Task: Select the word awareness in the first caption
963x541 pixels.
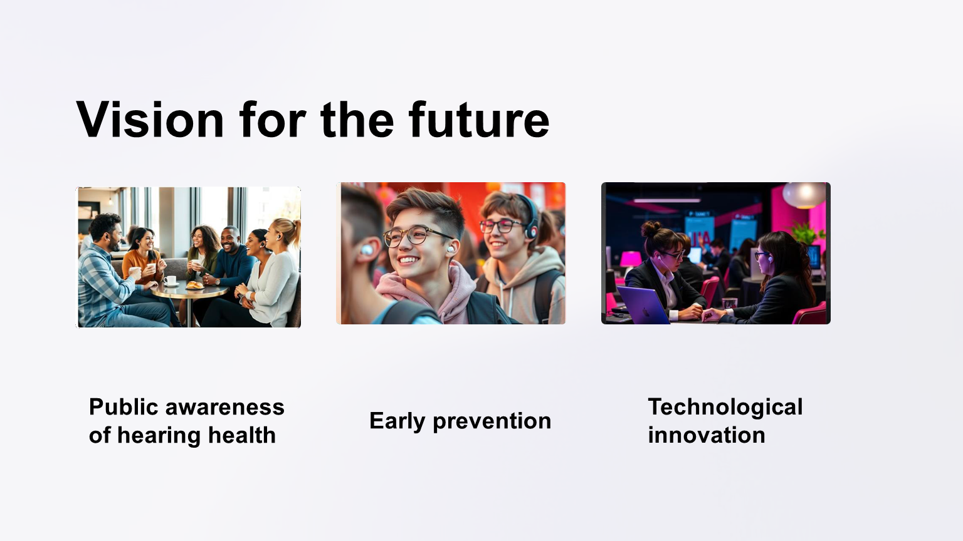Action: [x=225, y=406]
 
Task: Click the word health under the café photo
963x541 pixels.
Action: [x=241, y=435]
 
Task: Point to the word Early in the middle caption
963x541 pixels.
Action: [x=397, y=421]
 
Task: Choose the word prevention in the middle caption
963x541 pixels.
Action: [x=492, y=421]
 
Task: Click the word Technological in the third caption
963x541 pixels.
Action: [x=725, y=407]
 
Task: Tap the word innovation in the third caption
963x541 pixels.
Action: [x=707, y=435]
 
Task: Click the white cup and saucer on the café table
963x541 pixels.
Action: [x=171, y=281]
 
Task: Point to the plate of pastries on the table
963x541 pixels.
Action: [x=195, y=285]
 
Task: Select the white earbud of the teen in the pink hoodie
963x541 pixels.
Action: [x=451, y=249]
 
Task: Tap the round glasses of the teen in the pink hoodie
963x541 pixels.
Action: [x=416, y=237]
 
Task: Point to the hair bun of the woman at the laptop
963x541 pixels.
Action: [x=650, y=229]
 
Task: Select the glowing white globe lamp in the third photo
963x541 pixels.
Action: [x=804, y=195]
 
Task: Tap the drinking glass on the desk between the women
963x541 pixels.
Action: [x=729, y=304]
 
